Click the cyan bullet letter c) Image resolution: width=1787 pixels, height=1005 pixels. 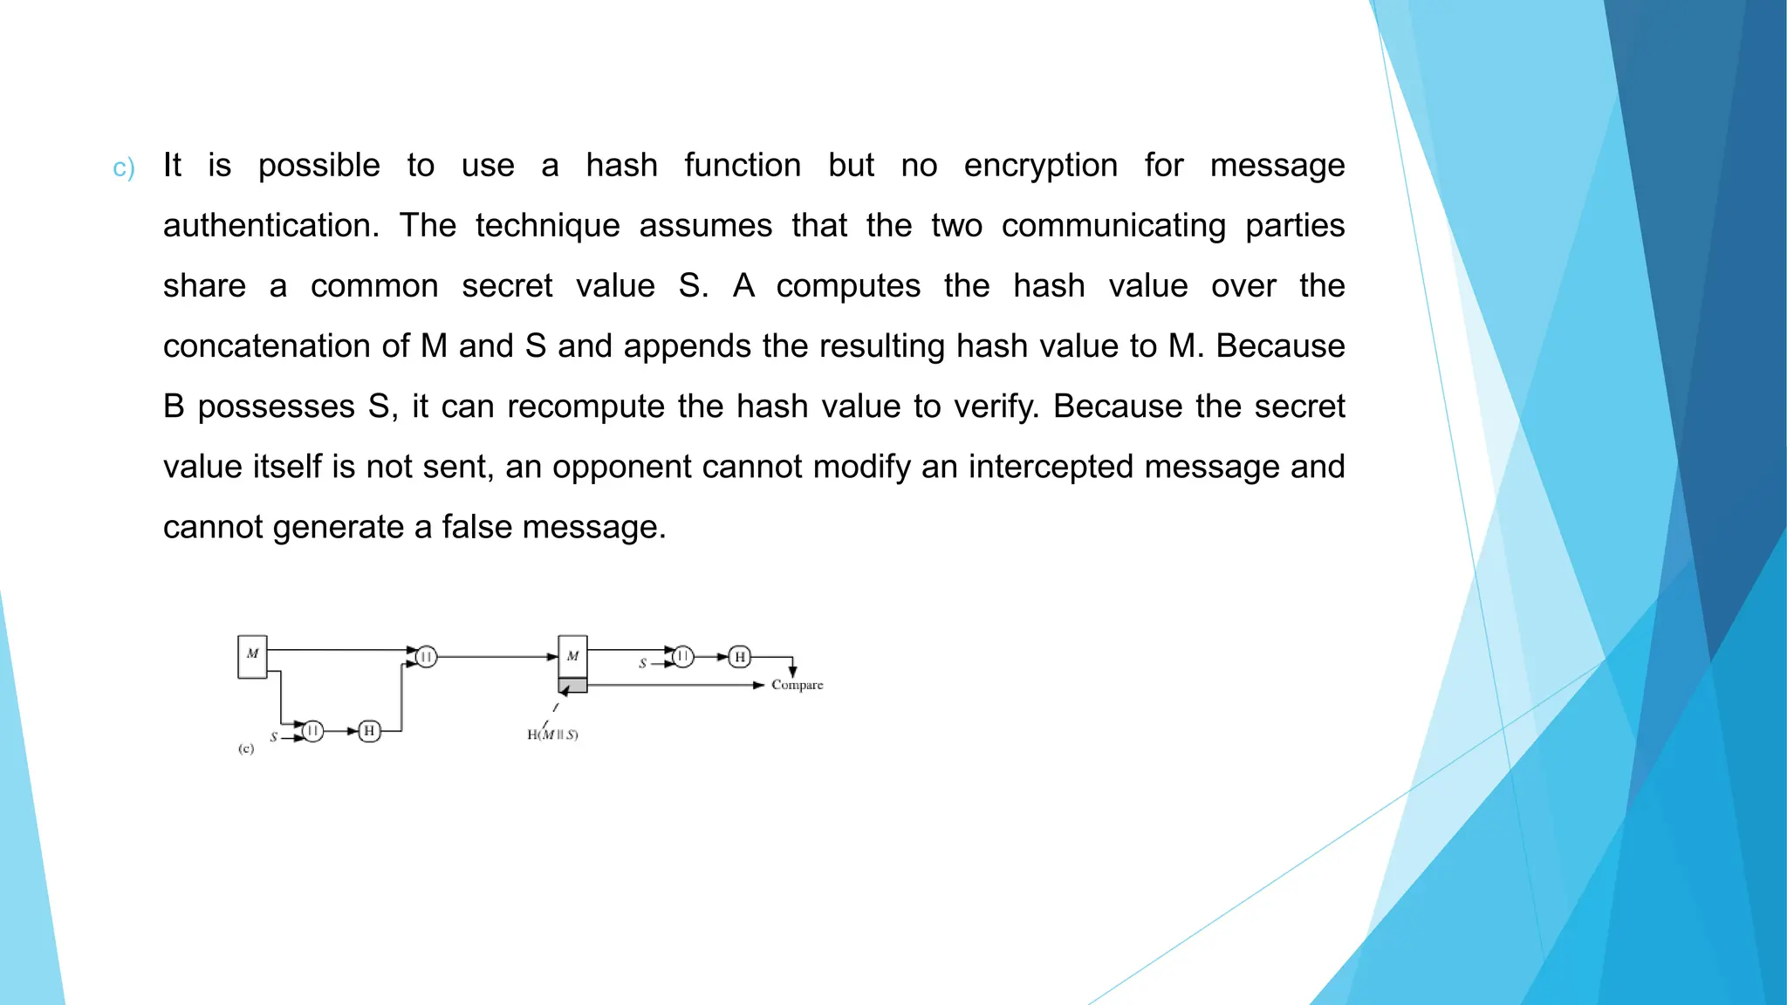click(124, 167)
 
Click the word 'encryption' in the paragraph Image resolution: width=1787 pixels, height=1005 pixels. click(1040, 166)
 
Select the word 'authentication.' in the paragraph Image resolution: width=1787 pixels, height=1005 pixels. click(271, 226)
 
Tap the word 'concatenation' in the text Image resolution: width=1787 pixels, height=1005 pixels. click(286, 346)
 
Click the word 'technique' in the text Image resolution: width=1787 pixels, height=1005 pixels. click(547, 226)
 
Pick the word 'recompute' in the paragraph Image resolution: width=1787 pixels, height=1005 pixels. click(585, 407)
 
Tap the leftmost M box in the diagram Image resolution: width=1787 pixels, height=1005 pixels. click(252, 657)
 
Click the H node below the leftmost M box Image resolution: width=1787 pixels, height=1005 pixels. click(369, 730)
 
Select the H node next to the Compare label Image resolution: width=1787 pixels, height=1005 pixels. click(740, 657)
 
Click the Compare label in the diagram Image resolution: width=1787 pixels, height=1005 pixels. click(797, 685)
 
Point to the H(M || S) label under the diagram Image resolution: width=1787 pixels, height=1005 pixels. click(552, 735)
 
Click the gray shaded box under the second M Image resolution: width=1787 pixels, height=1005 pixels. click(572, 686)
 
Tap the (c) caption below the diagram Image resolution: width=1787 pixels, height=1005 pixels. click(246, 749)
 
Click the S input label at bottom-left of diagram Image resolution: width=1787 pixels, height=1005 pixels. click(274, 737)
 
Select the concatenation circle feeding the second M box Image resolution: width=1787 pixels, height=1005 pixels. click(426, 656)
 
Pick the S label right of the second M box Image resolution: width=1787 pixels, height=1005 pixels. click(643, 664)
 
